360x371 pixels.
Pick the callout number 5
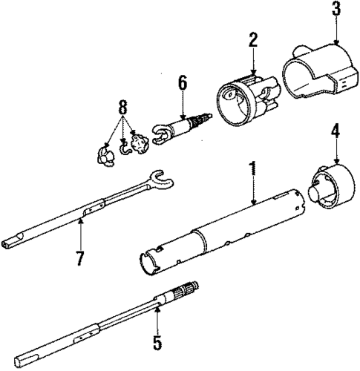coord(157,343)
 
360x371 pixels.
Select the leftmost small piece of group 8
coord(103,153)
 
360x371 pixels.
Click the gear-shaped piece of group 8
coord(137,140)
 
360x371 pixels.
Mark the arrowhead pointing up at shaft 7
coord(79,223)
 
